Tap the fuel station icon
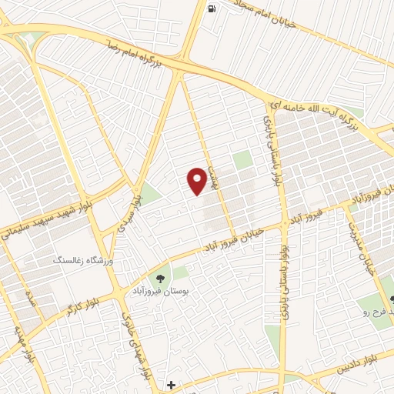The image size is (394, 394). (x=212, y=8)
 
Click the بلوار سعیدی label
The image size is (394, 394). (x=129, y=212)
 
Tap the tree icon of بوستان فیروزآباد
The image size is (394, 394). (x=162, y=279)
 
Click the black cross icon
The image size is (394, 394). (x=171, y=384)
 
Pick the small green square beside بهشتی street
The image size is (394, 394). (x=243, y=160)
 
